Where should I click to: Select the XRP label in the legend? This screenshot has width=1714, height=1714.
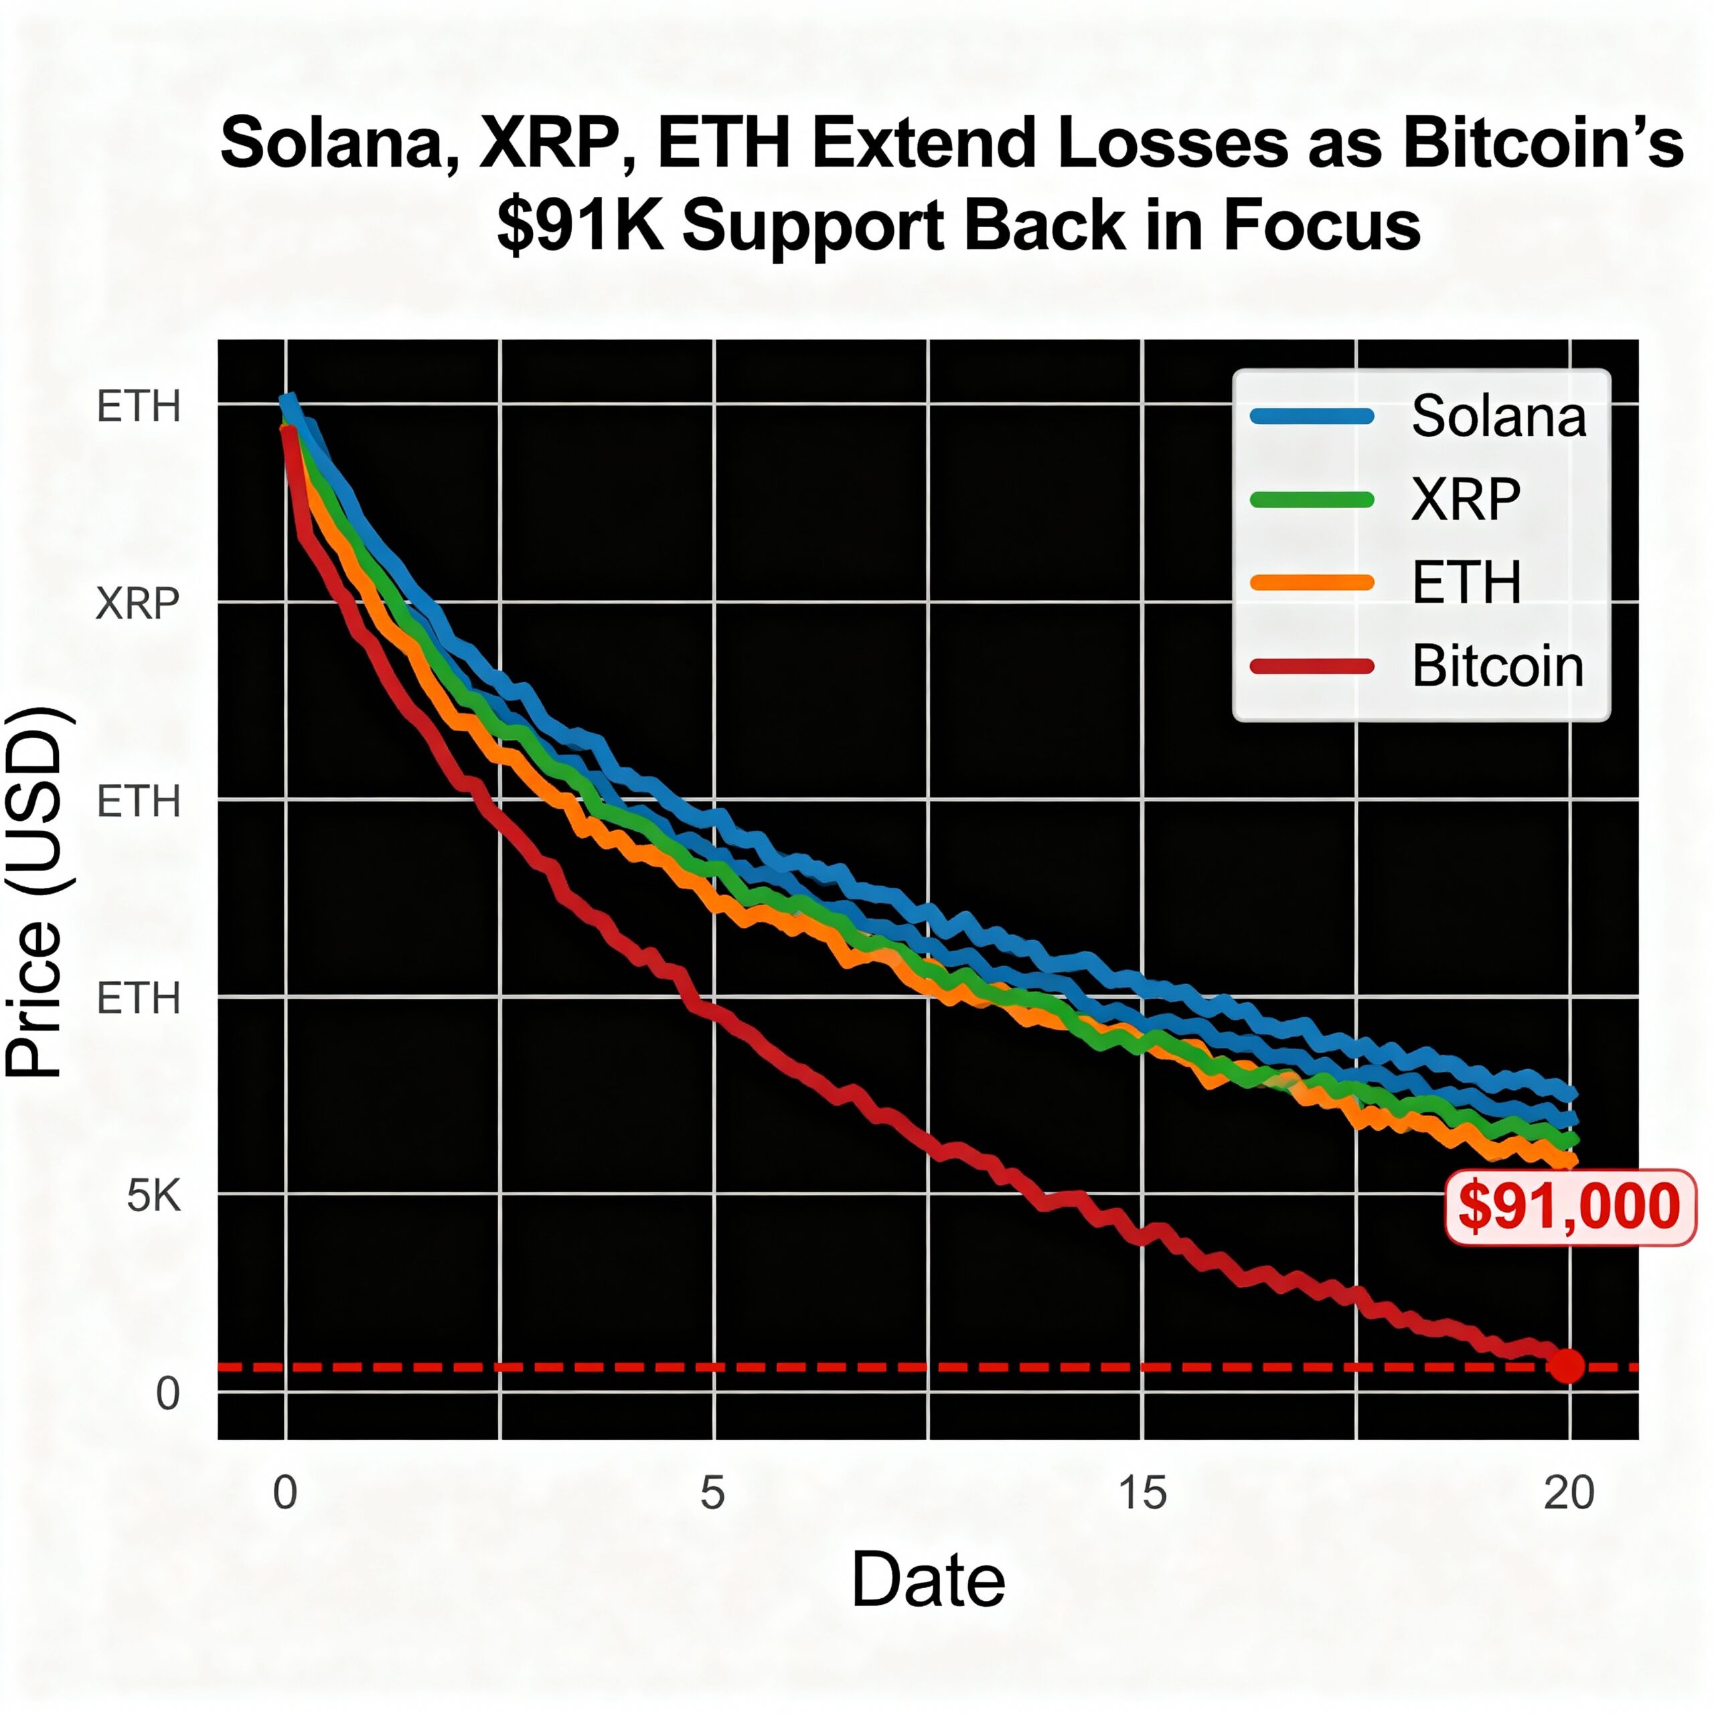[x=1466, y=499]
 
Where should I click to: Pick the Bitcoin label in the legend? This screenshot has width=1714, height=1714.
[x=1498, y=666]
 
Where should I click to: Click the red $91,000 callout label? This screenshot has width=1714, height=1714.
[x=1569, y=1207]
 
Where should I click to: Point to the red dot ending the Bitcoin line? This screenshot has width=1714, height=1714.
[x=1567, y=1365]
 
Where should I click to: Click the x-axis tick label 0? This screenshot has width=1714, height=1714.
[x=285, y=1492]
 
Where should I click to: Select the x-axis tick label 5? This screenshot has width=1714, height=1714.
[x=712, y=1492]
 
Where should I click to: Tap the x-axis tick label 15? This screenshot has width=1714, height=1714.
[x=1142, y=1492]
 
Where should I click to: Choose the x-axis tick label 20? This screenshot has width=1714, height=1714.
[x=1569, y=1492]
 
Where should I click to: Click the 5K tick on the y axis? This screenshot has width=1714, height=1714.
[x=153, y=1196]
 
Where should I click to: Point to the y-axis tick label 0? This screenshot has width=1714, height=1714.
[x=167, y=1394]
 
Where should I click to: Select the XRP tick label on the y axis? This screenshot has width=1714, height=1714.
[x=137, y=604]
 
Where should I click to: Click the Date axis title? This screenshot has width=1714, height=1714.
[x=928, y=1580]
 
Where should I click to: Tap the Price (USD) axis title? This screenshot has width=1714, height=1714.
[x=35, y=892]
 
